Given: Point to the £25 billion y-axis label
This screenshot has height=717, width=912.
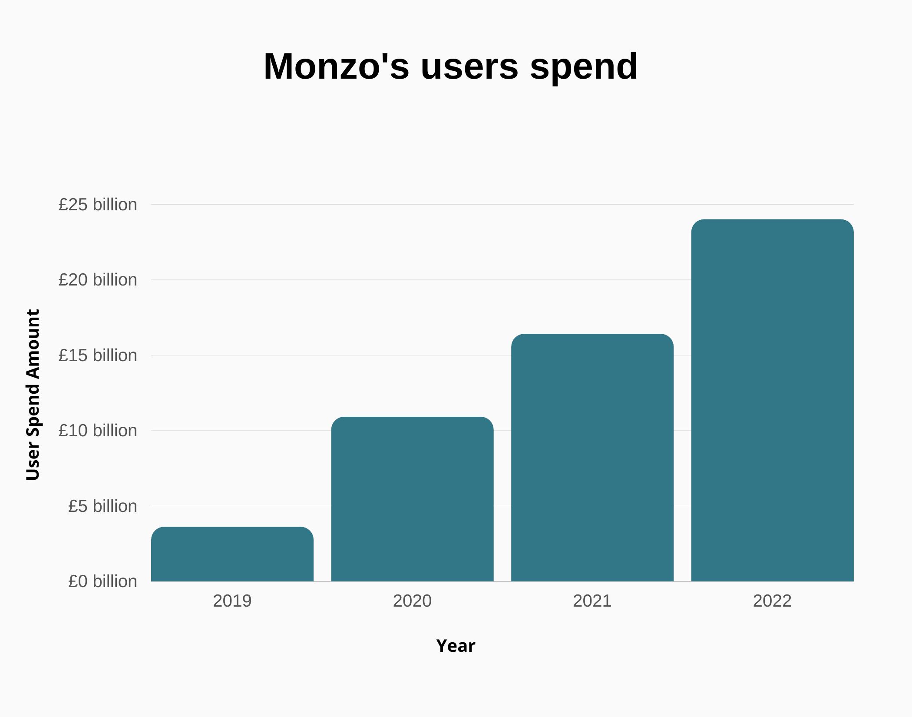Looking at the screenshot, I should [x=98, y=205].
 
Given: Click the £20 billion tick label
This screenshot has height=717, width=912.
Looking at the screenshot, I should [x=98, y=280].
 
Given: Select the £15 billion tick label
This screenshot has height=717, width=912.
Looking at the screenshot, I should [x=98, y=355].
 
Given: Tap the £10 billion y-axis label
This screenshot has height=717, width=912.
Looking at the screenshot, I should [x=98, y=431].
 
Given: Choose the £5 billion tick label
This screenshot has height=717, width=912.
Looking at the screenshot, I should [x=102, y=506].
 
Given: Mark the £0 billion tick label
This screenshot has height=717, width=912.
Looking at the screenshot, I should [x=102, y=581].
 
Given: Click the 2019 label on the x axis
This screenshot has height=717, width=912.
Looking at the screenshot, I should [x=232, y=601].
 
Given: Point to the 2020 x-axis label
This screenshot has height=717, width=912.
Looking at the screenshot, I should [x=412, y=601].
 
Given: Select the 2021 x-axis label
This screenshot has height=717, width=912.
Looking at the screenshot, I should [x=592, y=601].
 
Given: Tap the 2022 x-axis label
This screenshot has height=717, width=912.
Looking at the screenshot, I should [x=772, y=601].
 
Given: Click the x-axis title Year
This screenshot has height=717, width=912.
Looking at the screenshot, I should [x=456, y=646].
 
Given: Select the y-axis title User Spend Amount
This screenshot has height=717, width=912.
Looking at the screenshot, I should [x=33, y=395].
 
